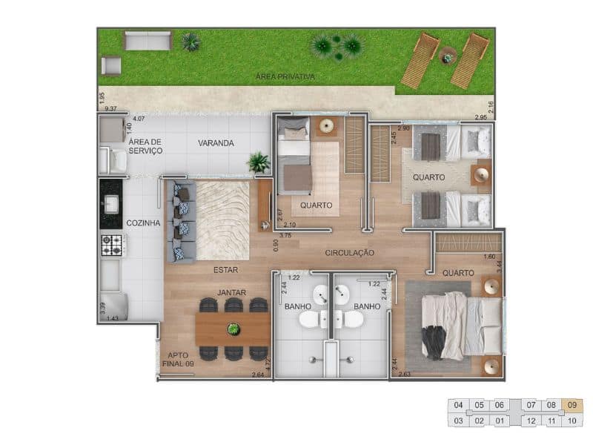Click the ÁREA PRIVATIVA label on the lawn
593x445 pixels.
[285, 76]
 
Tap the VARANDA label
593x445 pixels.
[216, 143]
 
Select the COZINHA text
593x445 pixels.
[143, 222]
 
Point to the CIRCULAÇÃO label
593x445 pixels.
[349, 253]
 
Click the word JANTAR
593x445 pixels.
[231, 293]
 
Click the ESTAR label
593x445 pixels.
[225, 270]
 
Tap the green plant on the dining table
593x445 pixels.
[233, 329]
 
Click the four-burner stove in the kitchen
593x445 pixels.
[111, 245]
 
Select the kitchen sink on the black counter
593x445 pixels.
[111, 203]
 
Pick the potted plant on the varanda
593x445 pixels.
[259, 161]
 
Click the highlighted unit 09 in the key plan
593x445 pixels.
[572, 405]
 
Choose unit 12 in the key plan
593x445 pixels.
[531, 421]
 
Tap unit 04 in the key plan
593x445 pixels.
[458, 405]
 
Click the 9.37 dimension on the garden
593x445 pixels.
[111, 109]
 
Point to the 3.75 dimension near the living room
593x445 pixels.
[285, 235]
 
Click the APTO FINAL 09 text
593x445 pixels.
[178, 360]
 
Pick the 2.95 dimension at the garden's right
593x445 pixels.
[480, 117]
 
